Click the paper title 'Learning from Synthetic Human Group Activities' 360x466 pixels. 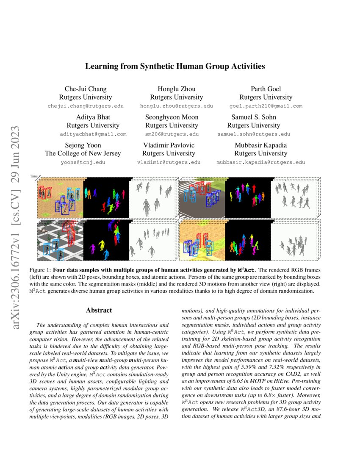point(175,66)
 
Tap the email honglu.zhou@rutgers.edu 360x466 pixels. point(177,106)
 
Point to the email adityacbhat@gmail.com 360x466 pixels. point(94,134)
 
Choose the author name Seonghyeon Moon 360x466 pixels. point(172,117)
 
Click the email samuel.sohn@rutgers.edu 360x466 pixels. point(254,134)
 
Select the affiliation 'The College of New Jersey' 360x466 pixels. point(83,153)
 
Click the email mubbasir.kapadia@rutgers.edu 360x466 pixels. point(260,162)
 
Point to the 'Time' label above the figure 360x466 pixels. point(33,175)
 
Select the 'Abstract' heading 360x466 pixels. point(99,310)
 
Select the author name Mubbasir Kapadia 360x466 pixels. point(260,145)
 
